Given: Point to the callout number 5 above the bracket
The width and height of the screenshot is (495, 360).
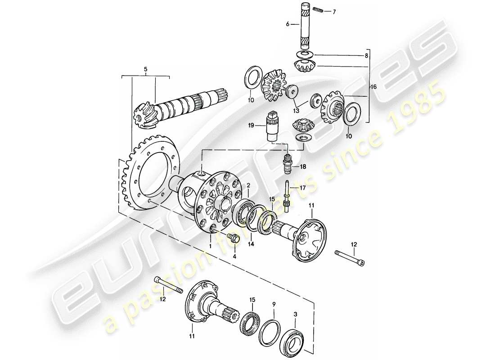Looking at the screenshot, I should point(145,70).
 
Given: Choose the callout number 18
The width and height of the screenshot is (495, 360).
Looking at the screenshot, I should point(303,166).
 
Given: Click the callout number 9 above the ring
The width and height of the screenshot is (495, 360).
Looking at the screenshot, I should point(274,305).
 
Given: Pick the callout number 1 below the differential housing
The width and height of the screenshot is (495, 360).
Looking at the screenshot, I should point(210,246).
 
